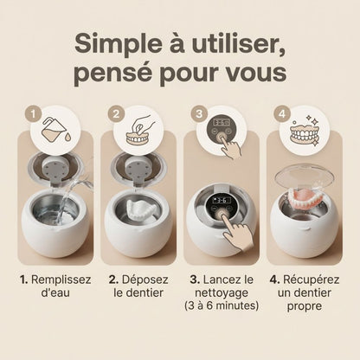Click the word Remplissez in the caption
pos(61,281)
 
